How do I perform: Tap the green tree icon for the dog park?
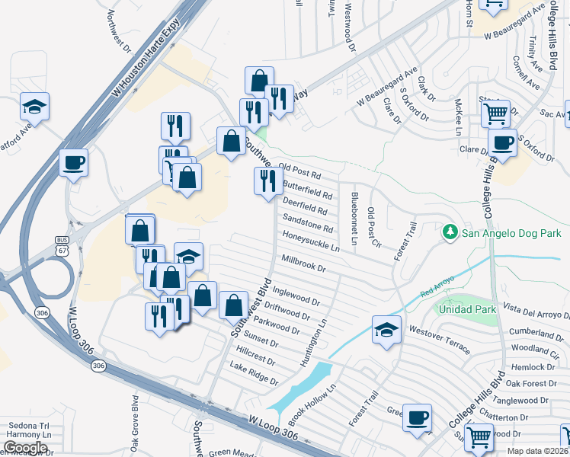click(x=450, y=232)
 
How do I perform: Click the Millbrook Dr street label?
click(x=303, y=264)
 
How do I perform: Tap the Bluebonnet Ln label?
click(x=354, y=218)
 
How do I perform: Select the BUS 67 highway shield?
click(x=62, y=245)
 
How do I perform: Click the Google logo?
click(x=25, y=447)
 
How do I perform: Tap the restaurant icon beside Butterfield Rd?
click(x=267, y=181)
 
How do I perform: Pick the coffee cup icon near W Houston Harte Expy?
click(x=73, y=162)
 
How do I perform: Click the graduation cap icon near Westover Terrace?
click(x=386, y=329)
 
